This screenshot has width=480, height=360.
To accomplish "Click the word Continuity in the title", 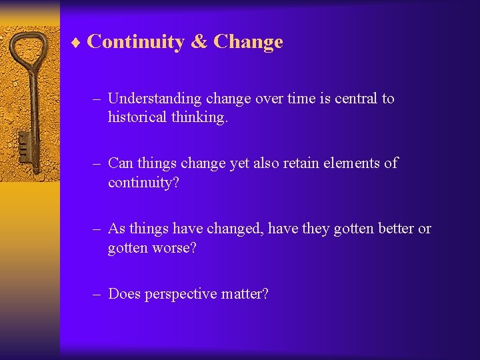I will pyautogui.click(x=135, y=42).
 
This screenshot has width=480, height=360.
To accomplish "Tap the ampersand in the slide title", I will pyautogui.click(x=199, y=42).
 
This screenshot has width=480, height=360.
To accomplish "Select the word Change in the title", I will pyautogui.click(x=248, y=42).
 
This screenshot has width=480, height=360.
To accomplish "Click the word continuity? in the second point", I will pyautogui.click(x=143, y=182).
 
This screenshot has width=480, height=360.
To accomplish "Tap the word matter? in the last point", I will pyautogui.click(x=246, y=293).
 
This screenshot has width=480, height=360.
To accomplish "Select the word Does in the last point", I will pyautogui.click(x=123, y=293).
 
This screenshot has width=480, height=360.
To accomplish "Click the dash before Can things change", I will pyautogui.click(x=97, y=163).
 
